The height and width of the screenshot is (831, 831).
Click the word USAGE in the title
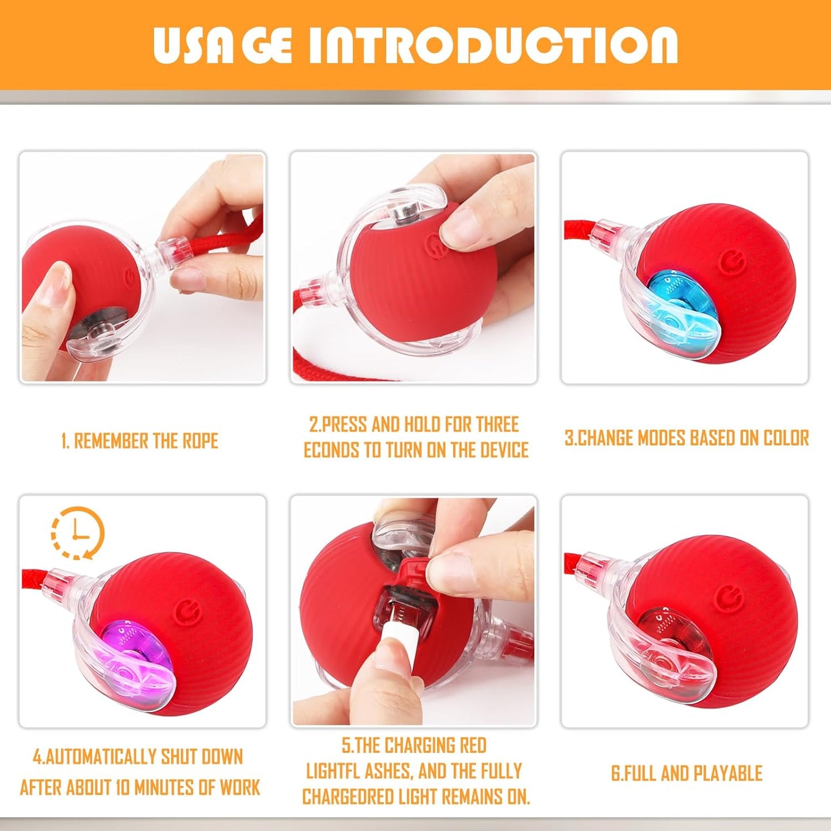pos(223,45)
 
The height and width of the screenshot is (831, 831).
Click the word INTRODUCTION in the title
pos(493,45)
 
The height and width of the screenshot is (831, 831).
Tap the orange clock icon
pos(78,533)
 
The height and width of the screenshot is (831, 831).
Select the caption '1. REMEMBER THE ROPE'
pos(140,441)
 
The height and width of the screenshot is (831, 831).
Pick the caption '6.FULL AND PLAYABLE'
pos(686,773)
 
